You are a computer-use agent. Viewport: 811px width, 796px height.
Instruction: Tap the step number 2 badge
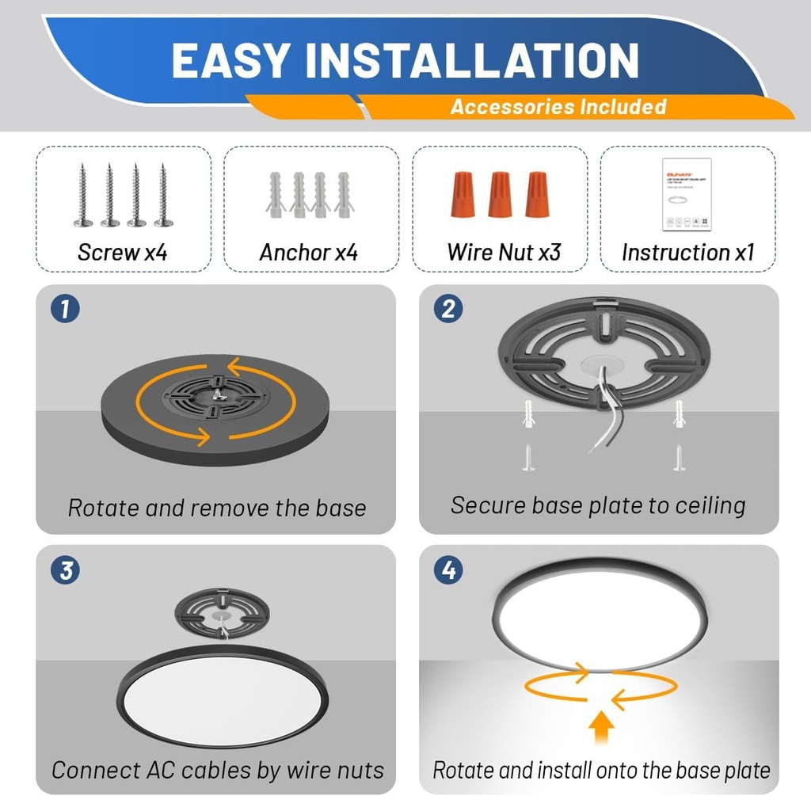(x=448, y=309)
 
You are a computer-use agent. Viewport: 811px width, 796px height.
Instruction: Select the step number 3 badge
(x=65, y=570)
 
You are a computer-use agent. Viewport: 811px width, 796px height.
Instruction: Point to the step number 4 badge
(x=448, y=570)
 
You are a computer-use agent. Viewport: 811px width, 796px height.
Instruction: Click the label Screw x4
(x=123, y=253)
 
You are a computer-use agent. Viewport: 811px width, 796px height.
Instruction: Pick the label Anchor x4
(x=309, y=253)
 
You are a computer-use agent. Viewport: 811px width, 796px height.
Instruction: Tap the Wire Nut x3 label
(x=504, y=253)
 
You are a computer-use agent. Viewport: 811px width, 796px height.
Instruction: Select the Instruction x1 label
(x=687, y=253)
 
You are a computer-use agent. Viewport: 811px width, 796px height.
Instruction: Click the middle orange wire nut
(x=500, y=194)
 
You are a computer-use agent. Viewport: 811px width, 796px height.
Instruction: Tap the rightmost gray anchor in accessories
(x=344, y=195)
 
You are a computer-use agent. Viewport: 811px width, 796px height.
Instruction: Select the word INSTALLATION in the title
(x=471, y=61)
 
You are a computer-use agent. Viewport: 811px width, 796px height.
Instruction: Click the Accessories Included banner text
(x=558, y=107)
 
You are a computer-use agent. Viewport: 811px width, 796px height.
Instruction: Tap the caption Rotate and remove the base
(x=216, y=508)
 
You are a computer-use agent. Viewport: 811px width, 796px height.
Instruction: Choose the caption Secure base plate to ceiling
(x=598, y=505)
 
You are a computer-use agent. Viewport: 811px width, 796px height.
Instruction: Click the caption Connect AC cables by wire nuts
(x=217, y=769)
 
